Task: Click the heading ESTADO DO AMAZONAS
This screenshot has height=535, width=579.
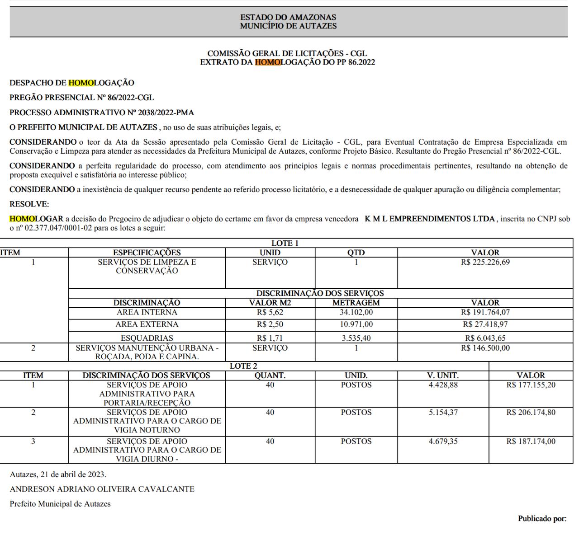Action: (288, 18)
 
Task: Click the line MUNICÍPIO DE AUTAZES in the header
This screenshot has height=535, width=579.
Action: (288, 26)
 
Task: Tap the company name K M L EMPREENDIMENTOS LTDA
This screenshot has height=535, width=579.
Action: (429, 220)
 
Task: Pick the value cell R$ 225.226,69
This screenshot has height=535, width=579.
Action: (485, 262)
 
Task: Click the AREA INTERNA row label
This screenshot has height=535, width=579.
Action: (147, 312)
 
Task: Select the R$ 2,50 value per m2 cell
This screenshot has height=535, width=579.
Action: (270, 324)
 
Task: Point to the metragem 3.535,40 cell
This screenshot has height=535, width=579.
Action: (356, 338)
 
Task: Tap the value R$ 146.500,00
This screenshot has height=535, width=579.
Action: (485, 348)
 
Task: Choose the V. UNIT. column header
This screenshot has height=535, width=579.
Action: (443, 375)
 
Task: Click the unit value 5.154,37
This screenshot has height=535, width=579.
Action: (443, 412)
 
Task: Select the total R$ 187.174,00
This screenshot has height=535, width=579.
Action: (531, 441)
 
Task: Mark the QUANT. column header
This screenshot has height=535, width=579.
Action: (270, 375)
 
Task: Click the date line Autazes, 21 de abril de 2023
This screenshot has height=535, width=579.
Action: (58, 474)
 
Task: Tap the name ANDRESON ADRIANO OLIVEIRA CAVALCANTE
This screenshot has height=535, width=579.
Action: (102, 489)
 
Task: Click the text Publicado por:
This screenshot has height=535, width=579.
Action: (542, 519)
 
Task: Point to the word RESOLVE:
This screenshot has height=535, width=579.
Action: (29, 204)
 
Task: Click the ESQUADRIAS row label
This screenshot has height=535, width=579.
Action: (147, 338)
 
